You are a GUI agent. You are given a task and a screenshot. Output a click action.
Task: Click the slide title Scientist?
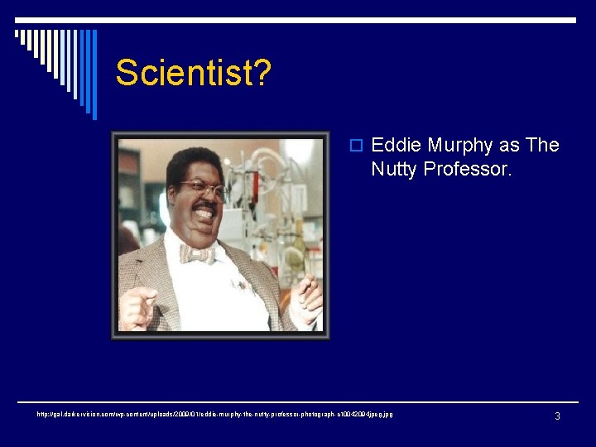click(193, 73)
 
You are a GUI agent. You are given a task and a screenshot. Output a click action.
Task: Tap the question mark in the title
click(262, 73)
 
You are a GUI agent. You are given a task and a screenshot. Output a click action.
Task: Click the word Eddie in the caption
click(394, 146)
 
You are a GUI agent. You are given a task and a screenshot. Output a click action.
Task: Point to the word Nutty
click(394, 170)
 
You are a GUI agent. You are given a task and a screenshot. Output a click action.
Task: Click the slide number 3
click(557, 416)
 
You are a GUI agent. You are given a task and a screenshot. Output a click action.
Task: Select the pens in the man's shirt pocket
click(242, 286)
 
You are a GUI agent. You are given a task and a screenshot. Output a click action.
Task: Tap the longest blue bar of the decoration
click(94, 74)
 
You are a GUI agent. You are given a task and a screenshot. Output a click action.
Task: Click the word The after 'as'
click(542, 146)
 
